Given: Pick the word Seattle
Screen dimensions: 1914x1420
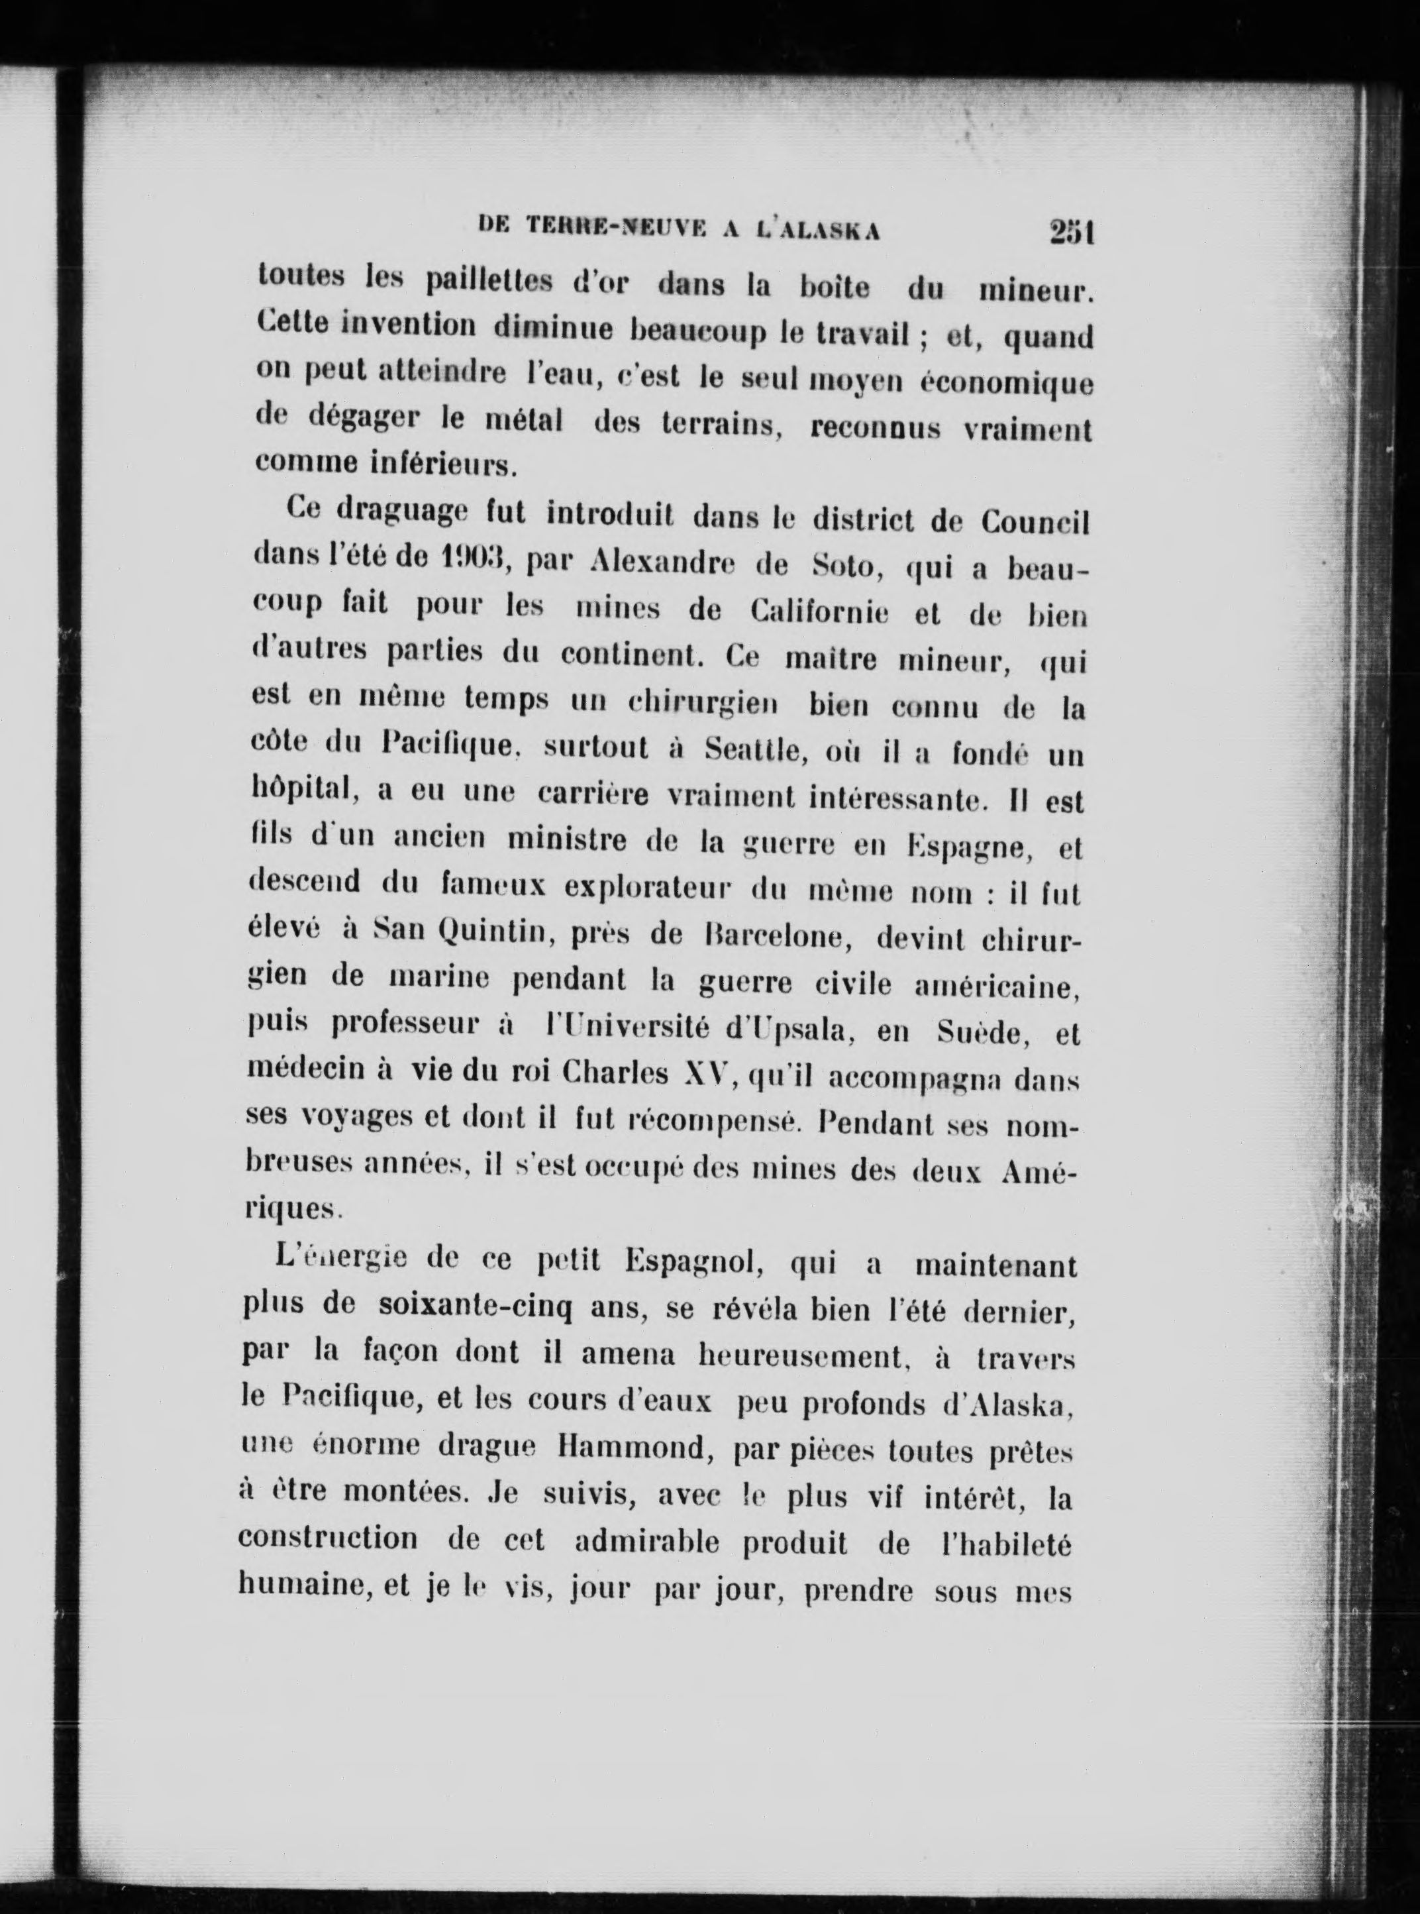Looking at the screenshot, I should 752,751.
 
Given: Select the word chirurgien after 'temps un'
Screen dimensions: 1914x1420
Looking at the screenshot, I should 702,704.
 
